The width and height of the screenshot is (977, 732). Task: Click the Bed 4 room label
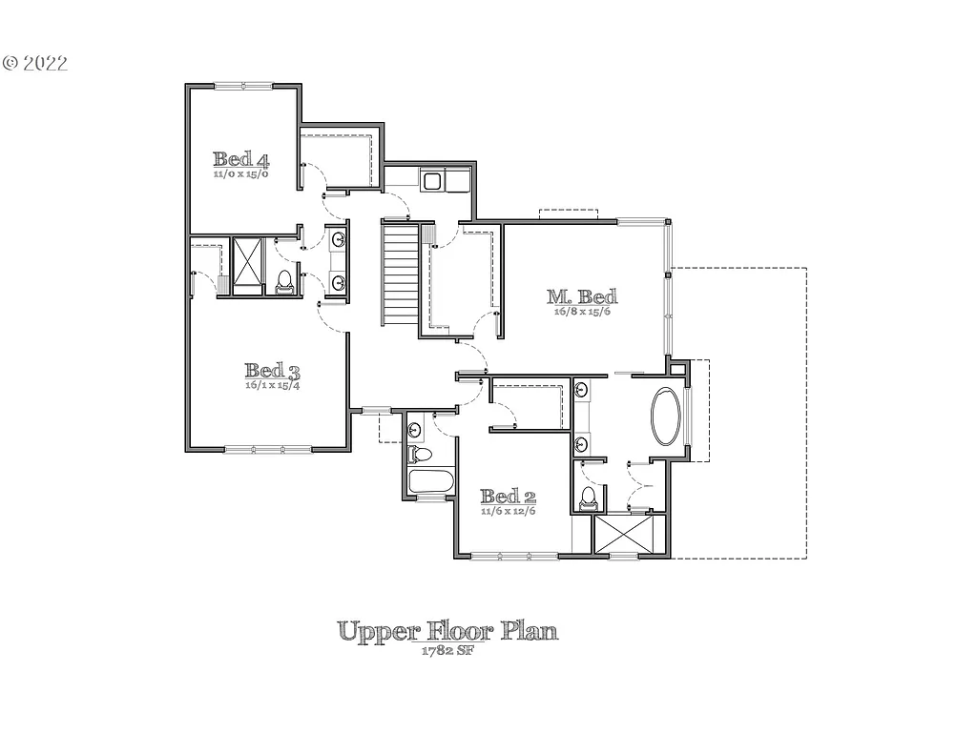pyautogui.click(x=240, y=159)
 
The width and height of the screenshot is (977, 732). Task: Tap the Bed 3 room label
pyautogui.click(x=272, y=371)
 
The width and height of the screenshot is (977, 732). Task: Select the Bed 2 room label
pyautogui.click(x=508, y=497)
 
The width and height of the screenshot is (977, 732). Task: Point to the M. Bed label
pyautogui.click(x=582, y=296)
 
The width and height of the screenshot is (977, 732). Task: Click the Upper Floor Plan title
pyautogui.click(x=447, y=631)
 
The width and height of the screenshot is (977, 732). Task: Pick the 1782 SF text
pyautogui.click(x=447, y=651)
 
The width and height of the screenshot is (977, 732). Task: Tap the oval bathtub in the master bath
pyautogui.click(x=667, y=416)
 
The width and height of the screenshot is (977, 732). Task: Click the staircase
pyautogui.click(x=400, y=273)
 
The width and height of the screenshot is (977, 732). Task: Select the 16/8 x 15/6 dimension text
pyautogui.click(x=581, y=312)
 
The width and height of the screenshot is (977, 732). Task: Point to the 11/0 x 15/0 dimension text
pyautogui.click(x=240, y=174)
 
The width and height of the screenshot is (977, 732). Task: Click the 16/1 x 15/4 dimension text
pyautogui.click(x=272, y=385)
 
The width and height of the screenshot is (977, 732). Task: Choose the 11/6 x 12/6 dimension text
pyautogui.click(x=508, y=512)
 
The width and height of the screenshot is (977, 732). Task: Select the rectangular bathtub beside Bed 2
pyautogui.click(x=430, y=481)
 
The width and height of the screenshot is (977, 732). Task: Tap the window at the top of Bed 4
pyautogui.click(x=243, y=86)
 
